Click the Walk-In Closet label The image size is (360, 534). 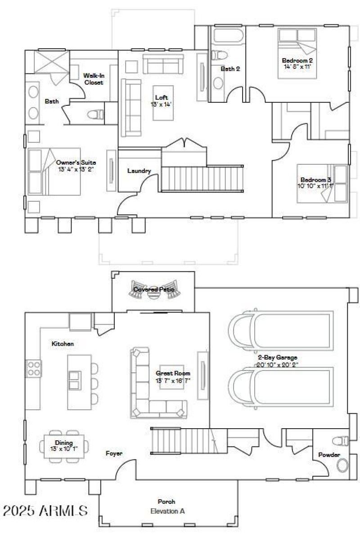coord(94,79)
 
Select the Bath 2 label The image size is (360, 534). coord(230,69)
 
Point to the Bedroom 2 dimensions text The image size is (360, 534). coord(297,66)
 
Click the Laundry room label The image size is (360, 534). coord(139,171)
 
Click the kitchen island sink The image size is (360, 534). coord(75,376)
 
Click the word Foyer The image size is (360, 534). coord(114,453)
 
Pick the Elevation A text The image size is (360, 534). coord(167,511)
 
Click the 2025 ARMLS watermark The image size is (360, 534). coord(45,511)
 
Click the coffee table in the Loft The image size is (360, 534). coord(163,103)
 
